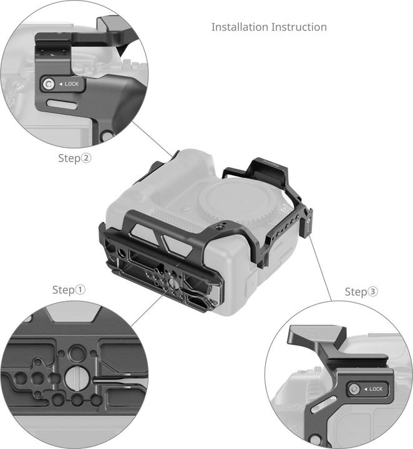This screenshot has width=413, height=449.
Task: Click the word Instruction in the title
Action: (298, 27)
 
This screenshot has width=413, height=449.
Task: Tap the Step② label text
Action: (75, 158)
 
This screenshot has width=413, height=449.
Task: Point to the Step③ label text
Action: (362, 292)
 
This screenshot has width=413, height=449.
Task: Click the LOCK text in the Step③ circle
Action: (376, 389)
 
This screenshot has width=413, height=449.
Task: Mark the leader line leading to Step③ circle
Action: (322, 261)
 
